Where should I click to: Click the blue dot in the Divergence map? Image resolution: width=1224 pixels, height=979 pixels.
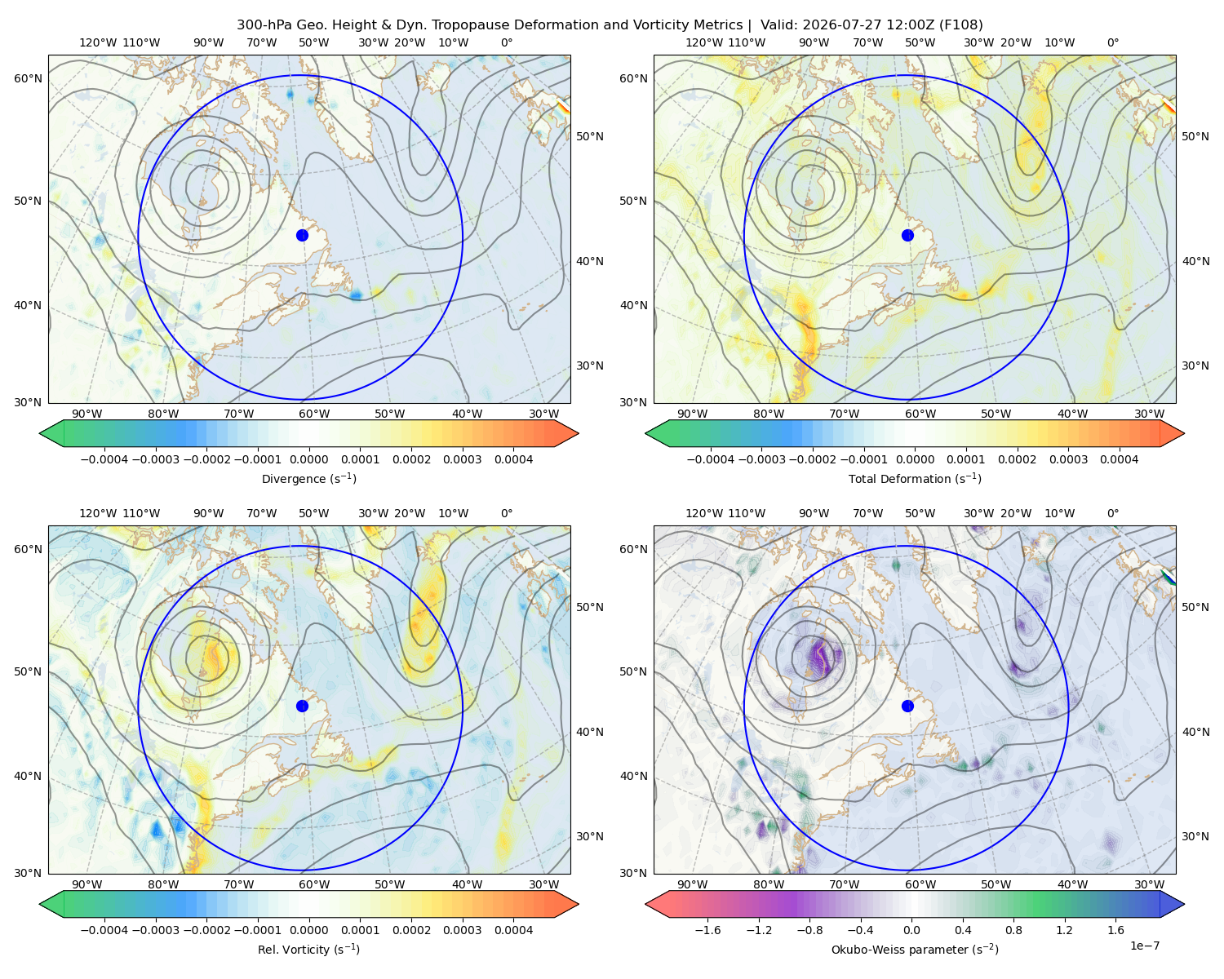click(x=302, y=236)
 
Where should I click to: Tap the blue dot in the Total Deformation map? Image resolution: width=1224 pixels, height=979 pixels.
click(x=907, y=236)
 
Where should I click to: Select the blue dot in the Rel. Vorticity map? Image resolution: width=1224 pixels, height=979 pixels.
click(x=302, y=706)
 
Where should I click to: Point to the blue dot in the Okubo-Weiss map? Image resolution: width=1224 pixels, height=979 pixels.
click(x=907, y=706)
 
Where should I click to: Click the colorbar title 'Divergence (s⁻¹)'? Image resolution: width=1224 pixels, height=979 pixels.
click(x=308, y=479)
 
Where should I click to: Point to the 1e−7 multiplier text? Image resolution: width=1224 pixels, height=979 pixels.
click(x=1144, y=946)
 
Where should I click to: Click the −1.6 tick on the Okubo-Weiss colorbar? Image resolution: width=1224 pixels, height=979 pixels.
click(x=707, y=930)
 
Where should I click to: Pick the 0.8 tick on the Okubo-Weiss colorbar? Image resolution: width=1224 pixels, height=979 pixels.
click(x=1013, y=930)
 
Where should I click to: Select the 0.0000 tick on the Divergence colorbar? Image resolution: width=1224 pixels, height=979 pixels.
click(x=308, y=459)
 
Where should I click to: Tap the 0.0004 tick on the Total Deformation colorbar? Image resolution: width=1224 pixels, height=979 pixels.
click(x=1120, y=459)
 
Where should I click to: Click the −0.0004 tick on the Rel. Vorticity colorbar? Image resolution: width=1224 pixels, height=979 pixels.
click(x=104, y=930)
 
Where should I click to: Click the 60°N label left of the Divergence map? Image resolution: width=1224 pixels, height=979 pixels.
click(x=28, y=78)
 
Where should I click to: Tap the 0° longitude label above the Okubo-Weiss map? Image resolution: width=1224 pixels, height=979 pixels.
click(x=1112, y=513)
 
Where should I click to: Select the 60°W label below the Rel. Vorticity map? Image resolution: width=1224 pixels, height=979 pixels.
click(x=314, y=884)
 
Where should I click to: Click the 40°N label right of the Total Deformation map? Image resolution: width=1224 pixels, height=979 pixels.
click(x=1195, y=262)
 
